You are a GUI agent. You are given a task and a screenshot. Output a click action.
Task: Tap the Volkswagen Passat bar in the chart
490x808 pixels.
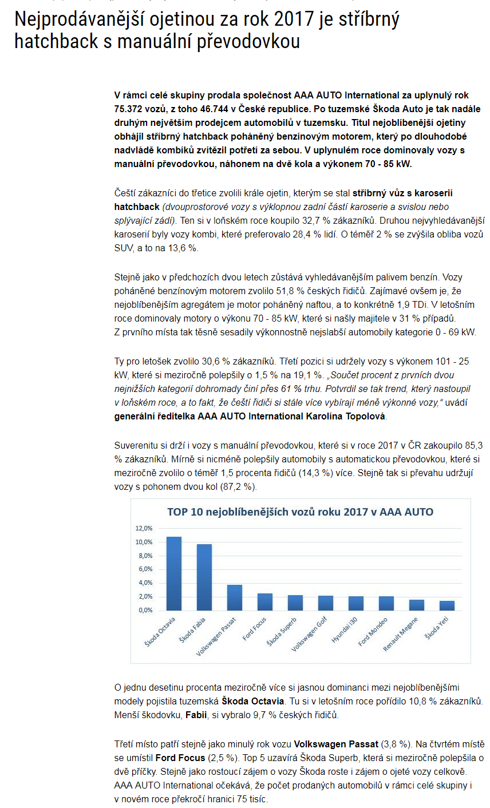pos(234,597)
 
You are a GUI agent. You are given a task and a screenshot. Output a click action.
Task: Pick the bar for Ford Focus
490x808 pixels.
pos(264,601)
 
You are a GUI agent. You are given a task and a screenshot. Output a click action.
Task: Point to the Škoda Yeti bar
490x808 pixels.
pos(446,605)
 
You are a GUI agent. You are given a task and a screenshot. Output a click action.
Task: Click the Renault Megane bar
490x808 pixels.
pos(416,605)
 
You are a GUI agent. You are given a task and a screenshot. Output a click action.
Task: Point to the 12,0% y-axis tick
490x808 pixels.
pos(144,528)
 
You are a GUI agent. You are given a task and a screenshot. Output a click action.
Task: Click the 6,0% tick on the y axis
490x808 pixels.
pos(145,569)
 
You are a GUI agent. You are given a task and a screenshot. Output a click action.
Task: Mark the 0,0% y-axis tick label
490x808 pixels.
pos(145,610)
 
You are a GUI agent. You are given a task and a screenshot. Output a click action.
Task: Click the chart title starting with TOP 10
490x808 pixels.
pos(300,512)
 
